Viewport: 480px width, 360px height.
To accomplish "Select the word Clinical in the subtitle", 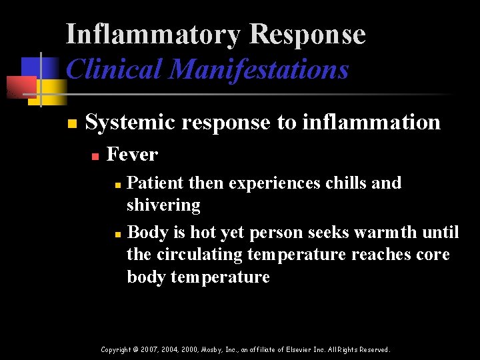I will click(114, 69).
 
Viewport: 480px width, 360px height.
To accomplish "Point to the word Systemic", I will click(127, 123).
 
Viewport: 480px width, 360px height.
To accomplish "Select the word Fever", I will click(132, 155).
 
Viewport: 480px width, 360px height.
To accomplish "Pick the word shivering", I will click(163, 205).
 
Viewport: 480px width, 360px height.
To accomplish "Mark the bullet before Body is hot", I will click(117, 234).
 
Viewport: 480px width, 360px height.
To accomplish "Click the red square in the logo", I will click(19, 87).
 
